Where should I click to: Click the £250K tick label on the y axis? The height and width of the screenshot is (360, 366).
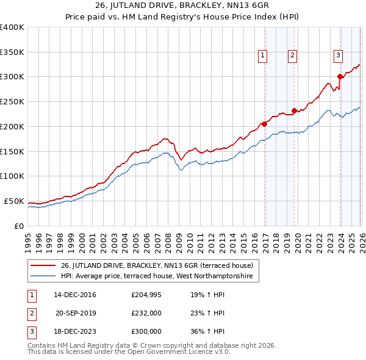pyautogui.click(x=12, y=102)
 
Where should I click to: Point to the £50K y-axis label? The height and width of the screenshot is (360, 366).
pyautogui.click(x=14, y=201)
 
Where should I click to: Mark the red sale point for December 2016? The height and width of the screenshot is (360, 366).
pyautogui.click(x=264, y=124)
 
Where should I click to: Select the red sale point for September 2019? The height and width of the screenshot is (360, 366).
pyautogui.click(x=294, y=110)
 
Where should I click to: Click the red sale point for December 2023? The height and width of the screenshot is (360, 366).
pyautogui.click(x=340, y=77)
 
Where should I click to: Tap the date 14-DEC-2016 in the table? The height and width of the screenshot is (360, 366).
pyautogui.click(x=75, y=295)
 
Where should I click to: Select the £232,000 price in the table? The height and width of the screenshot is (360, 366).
pyautogui.click(x=146, y=314)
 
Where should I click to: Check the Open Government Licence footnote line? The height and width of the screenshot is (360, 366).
pyautogui.click(x=129, y=352)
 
